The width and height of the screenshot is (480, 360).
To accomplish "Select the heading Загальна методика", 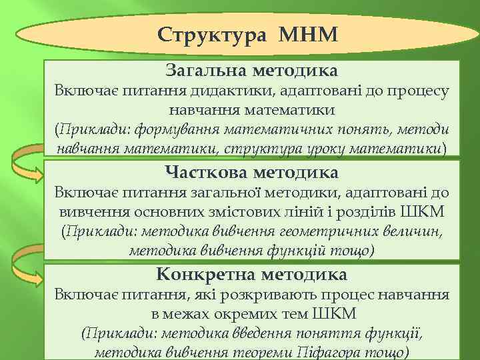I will pyautogui.click(x=251, y=70).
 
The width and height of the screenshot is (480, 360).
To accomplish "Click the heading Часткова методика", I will pyautogui.click(x=251, y=173).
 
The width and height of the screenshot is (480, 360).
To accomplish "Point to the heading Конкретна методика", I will pyautogui.click(x=251, y=275).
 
